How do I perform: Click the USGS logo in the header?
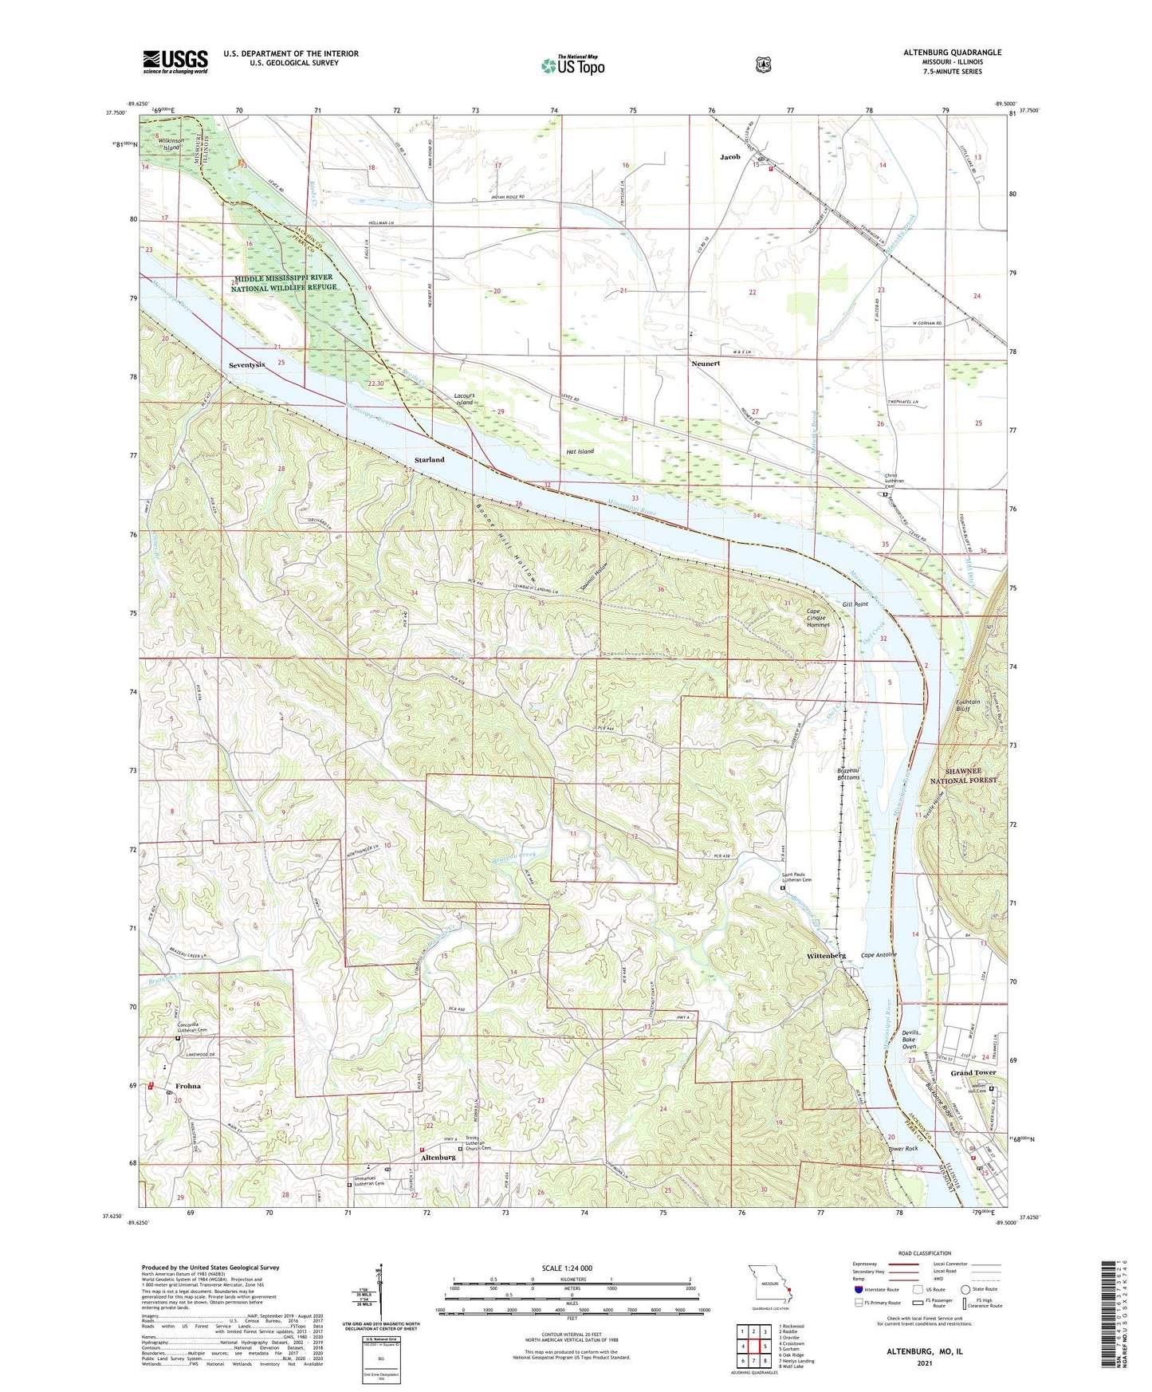point(175,61)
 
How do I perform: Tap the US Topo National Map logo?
point(572,65)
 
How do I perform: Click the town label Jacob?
point(729,157)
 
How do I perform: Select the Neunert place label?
point(706,363)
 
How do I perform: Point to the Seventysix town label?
point(246,364)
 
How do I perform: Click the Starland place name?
point(429,460)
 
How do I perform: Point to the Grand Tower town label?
point(973,1073)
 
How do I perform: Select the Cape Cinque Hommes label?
point(816,619)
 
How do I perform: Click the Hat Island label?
point(580,452)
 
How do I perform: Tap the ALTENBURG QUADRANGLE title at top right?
point(953,53)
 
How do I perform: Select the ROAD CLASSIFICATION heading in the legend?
point(924,1254)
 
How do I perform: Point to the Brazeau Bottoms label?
point(847,774)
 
